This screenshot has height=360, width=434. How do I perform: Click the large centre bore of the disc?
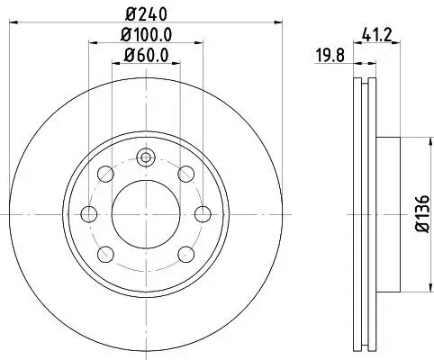point(145,213)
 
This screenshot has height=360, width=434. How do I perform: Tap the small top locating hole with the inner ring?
point(145,158)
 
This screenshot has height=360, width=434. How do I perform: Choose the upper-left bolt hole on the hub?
point(104,174)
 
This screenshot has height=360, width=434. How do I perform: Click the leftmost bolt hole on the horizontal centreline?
point(88,213)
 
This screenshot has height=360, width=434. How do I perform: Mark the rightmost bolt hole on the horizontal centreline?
point(203,213)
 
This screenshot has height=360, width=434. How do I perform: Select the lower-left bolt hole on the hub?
point(104,253)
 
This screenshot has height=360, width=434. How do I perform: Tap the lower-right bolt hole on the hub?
point(185,253)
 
